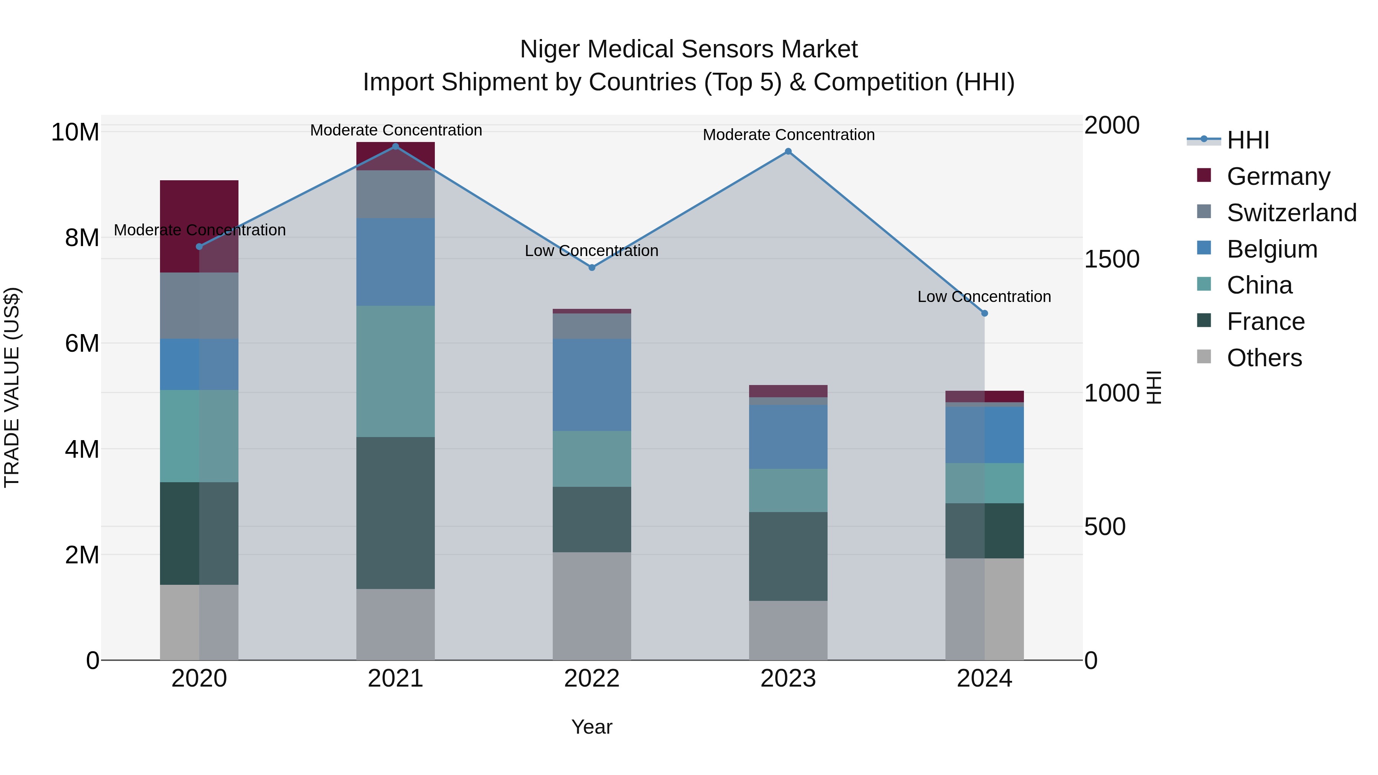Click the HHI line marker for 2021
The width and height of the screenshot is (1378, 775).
(395, 147)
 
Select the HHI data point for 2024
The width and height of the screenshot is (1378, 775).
(984, 313)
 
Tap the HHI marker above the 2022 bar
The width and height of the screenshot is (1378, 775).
(592, 268)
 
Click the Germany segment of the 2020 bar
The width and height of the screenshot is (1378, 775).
(199, 226)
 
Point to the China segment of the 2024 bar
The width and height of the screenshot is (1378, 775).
(984, 483)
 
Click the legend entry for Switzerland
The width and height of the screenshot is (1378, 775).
(1291, 213)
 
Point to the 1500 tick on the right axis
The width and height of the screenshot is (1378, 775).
(1112, 259)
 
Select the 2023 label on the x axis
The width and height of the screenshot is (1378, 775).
(788, 679)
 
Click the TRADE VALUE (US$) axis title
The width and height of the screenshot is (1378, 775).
(12, 387)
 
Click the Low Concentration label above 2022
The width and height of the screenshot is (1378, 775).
(592, 251)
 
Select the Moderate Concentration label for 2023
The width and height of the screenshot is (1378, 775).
(789, 135)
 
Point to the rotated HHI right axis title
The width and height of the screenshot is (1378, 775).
(1154, 387)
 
